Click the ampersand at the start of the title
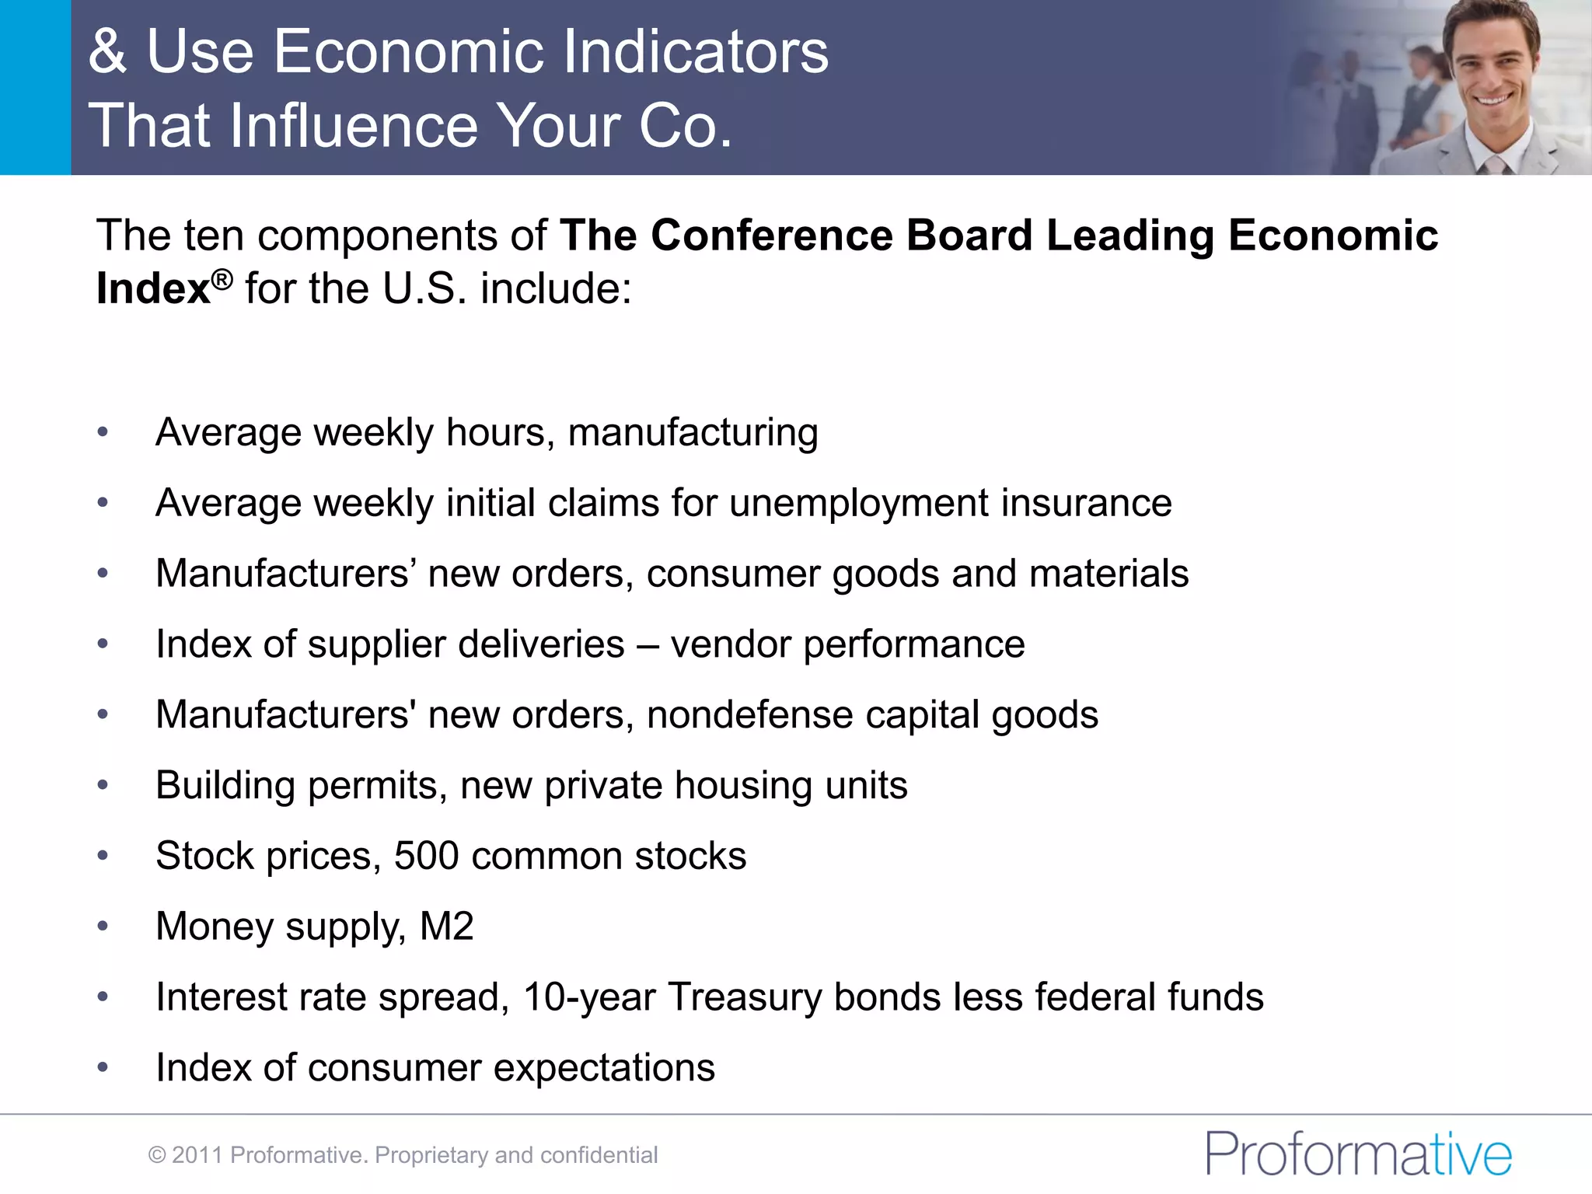[107, 51]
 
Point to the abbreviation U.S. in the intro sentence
[424, 288]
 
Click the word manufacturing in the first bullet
[693, 432]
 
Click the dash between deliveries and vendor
[648, 644]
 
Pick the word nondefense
[749, 715]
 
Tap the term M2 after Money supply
[446, 927]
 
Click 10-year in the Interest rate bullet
[589, 997]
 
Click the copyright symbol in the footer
[157, 1155]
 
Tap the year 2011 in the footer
[197, 1155]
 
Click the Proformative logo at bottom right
[1358, 1154]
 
